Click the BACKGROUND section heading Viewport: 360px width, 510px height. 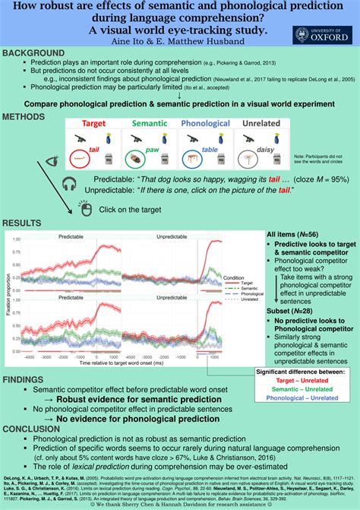34,53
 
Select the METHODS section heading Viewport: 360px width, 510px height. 27,117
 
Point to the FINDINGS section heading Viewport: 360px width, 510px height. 27,379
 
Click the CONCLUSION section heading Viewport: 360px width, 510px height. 35,427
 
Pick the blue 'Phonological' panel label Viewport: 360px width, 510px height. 205,123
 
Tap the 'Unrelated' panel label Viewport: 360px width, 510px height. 260,123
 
